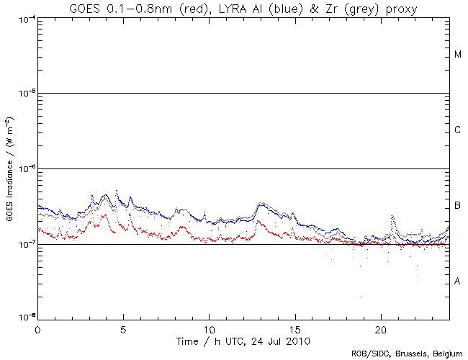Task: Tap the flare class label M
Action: coord(457,55)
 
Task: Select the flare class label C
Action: coord(457,130)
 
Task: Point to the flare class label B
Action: coord(457,207)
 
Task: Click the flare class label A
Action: coord(457,282)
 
